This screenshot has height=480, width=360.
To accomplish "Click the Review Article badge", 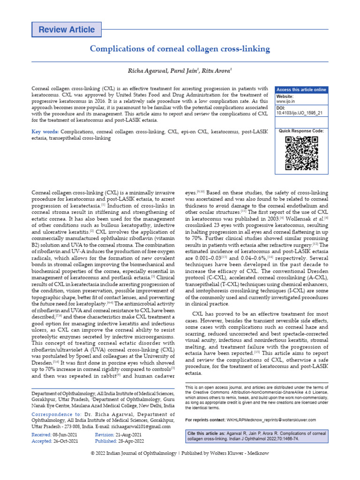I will point(66,30).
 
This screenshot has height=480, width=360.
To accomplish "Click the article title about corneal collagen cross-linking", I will point(180,49).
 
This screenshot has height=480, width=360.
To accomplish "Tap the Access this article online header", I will point(301,90).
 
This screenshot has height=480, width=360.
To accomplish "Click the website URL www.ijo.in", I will point(285,101).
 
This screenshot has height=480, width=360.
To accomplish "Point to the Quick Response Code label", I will point(301,131).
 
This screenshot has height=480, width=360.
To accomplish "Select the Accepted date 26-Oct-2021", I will point(61,442).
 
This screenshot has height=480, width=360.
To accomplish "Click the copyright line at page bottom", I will point(180,453).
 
